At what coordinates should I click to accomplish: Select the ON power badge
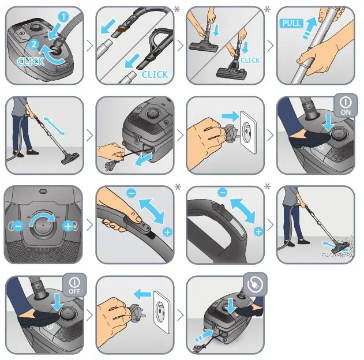(346, 104)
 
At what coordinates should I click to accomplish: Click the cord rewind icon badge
(255, 285)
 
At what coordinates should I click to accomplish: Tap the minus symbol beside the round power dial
(18, 226)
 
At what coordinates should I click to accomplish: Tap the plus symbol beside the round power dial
(70, 226)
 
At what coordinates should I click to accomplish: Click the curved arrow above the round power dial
(44, 217)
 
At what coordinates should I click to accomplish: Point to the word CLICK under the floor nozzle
(250, 61)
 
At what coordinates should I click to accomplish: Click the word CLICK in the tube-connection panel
(154, 74)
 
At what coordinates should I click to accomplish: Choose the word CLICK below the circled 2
(31, 61)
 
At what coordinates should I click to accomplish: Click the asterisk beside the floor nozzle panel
(267, 9)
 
